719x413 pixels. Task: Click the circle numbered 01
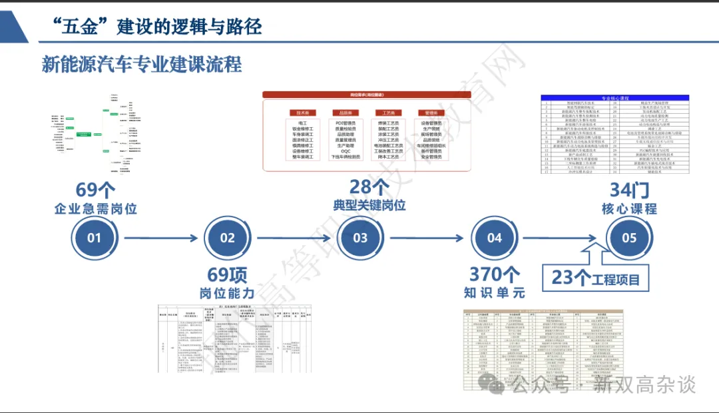click(x=94, y=238)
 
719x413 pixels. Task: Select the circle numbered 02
click(x=227, y=238)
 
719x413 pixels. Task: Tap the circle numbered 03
click(x=360, y=238)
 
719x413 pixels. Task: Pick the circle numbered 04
click(x=495, y=238)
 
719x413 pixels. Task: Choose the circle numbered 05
click(x=629, y=238)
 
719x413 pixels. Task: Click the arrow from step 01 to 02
click(x=161, y=238)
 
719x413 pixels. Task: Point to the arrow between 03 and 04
click(x=427, y=238)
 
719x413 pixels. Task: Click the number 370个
click(x=495, y=274)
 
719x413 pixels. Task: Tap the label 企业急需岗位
click(x=95, y=208)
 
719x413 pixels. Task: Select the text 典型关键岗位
click(x=369, y=205)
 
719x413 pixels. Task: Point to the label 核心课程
click(x=629, y=208)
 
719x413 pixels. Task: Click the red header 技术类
click(x=302, y=113)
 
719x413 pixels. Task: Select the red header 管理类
click(x=431, y=113)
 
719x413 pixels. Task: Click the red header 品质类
click(x=346, y=113)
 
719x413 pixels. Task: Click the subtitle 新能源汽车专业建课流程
click(x=141, y=65)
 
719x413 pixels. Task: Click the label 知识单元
click(x=495, y=292)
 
